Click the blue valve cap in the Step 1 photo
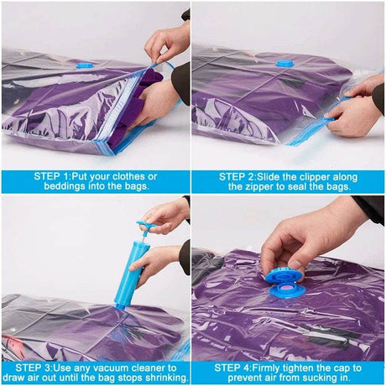pos(86,63)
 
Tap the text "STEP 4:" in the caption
pos(240,367)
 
